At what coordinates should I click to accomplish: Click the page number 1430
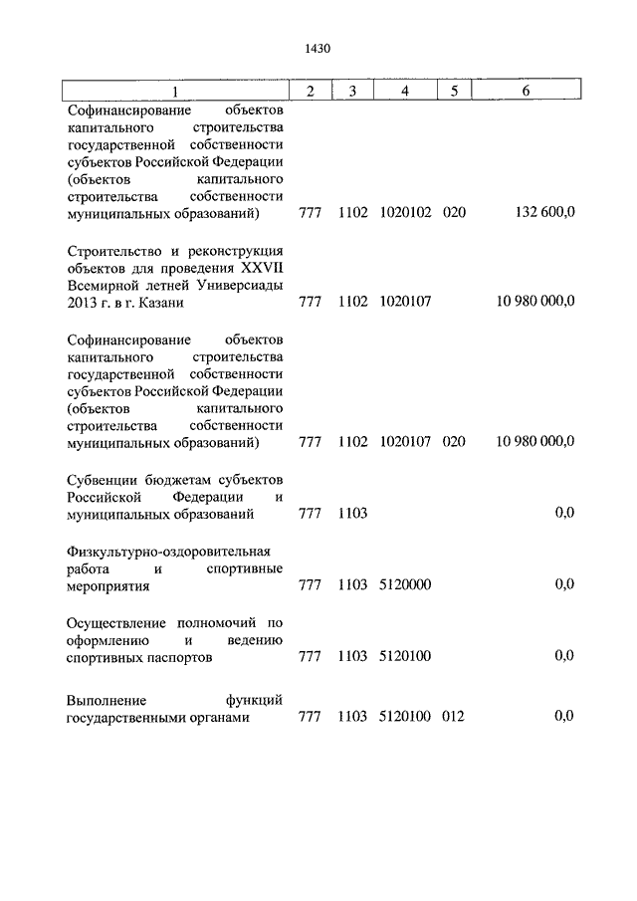[x=318, y=47]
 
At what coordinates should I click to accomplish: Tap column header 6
[x=526, y=92]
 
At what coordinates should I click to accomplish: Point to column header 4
[x=405, y=92]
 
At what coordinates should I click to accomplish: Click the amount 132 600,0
[x=541, y=213]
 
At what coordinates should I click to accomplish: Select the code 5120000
[x=405, y=584]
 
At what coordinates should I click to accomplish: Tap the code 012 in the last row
[x=455, y=716]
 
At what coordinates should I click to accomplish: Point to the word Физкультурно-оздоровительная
[x=168, y=551]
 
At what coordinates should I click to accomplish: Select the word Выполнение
[x=105, y=700]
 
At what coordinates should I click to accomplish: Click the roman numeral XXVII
[x=262, y=266]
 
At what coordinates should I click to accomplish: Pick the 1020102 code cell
[x=405, y=213]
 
